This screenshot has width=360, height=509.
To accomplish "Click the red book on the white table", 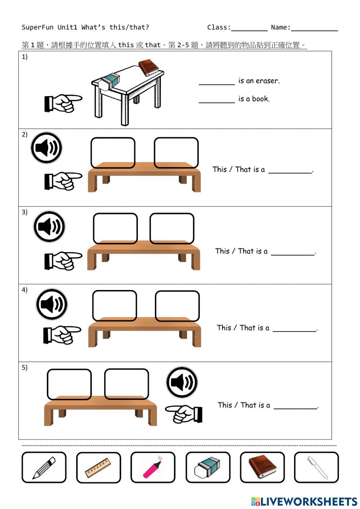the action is tap(148, 68).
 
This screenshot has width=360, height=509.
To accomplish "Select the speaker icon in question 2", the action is tap(46, 148).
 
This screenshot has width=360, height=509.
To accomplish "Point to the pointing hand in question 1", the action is tap(63, 103).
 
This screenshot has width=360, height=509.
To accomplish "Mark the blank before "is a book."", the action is tap(217, 102).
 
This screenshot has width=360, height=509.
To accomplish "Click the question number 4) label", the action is tap(24, 290).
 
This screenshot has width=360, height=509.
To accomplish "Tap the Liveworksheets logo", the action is tap(304, 501).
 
